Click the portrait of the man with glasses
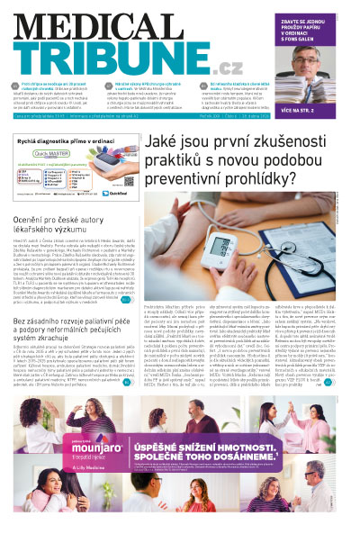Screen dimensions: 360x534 [310, 59]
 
